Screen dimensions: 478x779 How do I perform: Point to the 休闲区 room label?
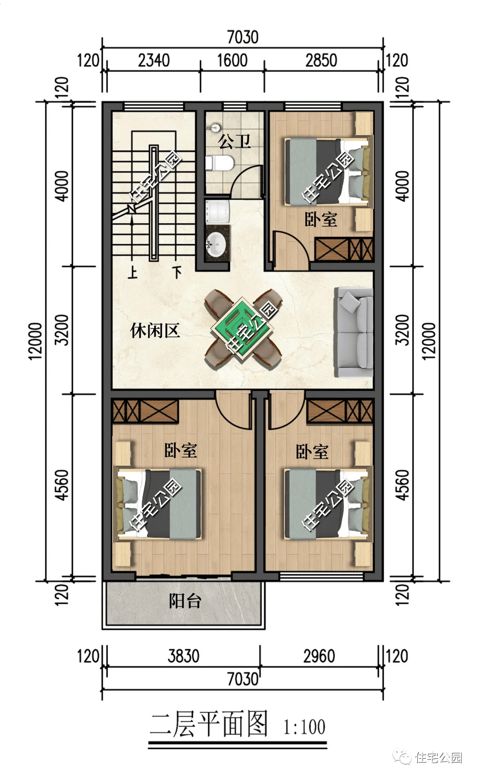154,330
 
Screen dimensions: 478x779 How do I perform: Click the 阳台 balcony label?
185,601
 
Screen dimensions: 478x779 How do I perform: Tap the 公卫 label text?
235,141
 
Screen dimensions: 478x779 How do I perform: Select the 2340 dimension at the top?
154,60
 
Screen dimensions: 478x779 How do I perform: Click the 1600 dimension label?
232,60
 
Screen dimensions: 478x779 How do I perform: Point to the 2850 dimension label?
321,60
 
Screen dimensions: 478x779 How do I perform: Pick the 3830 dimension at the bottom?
183,656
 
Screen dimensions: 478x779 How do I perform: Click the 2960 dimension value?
319,656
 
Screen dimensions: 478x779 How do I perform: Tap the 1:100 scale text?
304,727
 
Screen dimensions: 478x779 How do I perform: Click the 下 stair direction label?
177,271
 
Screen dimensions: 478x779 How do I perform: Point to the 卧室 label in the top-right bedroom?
321,219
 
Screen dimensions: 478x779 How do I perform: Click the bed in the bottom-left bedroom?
158,504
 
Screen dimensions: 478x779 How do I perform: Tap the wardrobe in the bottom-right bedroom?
340,411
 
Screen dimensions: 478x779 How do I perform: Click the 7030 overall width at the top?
243,37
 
